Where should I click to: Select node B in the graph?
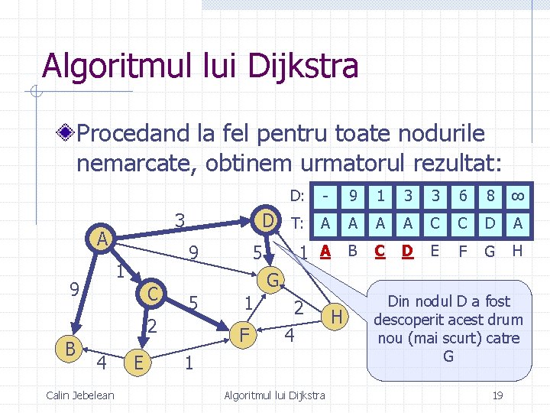coord(70,349)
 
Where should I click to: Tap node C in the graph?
coord(153,293)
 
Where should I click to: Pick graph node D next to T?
coord(267,221)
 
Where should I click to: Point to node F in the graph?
coord(244,334)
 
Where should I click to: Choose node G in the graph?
coord(273,278)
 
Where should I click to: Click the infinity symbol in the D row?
coord(518,196)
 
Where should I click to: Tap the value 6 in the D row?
coord(463,196)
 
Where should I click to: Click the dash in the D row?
coord(325,196)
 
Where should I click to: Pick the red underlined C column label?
coord(380,250)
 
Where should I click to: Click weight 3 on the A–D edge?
coord(180,220)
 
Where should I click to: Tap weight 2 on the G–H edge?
coord(299,307)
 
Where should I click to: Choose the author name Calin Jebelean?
coord(80,395)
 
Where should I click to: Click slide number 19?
coord(497,395)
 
